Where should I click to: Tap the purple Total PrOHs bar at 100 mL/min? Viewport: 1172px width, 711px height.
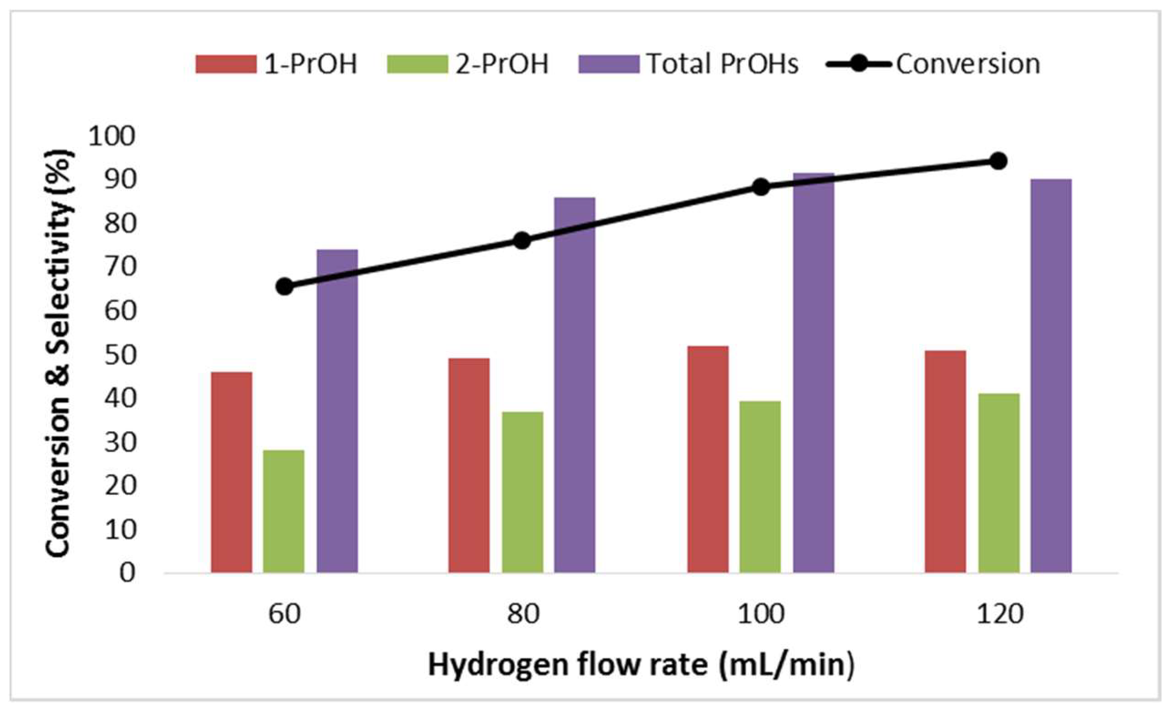click(x=814, y=373)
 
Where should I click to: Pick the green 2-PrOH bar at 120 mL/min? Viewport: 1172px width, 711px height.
click(x=999, y=483)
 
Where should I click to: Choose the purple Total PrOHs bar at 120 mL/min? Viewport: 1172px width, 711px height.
click(x=1051, y=375)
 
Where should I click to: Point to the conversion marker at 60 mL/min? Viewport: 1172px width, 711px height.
click(x=285, y=287)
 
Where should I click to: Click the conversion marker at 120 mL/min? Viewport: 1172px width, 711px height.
click(x=999, y=161)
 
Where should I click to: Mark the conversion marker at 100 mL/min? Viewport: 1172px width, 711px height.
click(x=761, y=187)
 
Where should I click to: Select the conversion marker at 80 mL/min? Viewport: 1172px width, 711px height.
click(x=522, y=241)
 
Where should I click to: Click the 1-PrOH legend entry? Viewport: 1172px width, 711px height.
click(x=276, y=64)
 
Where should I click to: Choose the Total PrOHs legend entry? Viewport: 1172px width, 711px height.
click(x=688, y=64)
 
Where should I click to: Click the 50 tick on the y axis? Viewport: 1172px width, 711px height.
click(x=120, y=355)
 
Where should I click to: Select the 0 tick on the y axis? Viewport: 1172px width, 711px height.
click(x=127, y=573)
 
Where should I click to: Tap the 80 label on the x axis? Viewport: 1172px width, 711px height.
click(x=523, y=614)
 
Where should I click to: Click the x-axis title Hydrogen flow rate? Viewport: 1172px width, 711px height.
click(x=641, y=665)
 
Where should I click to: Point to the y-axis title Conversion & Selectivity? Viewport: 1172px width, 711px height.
click(x=60, y=353)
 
